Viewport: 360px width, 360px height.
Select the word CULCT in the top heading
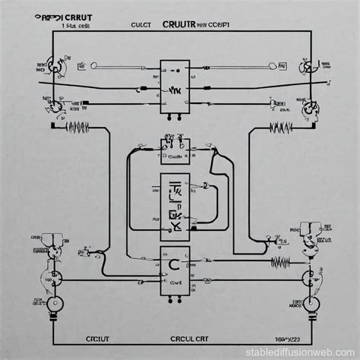(142, 25)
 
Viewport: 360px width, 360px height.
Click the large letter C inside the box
(174, 265)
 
